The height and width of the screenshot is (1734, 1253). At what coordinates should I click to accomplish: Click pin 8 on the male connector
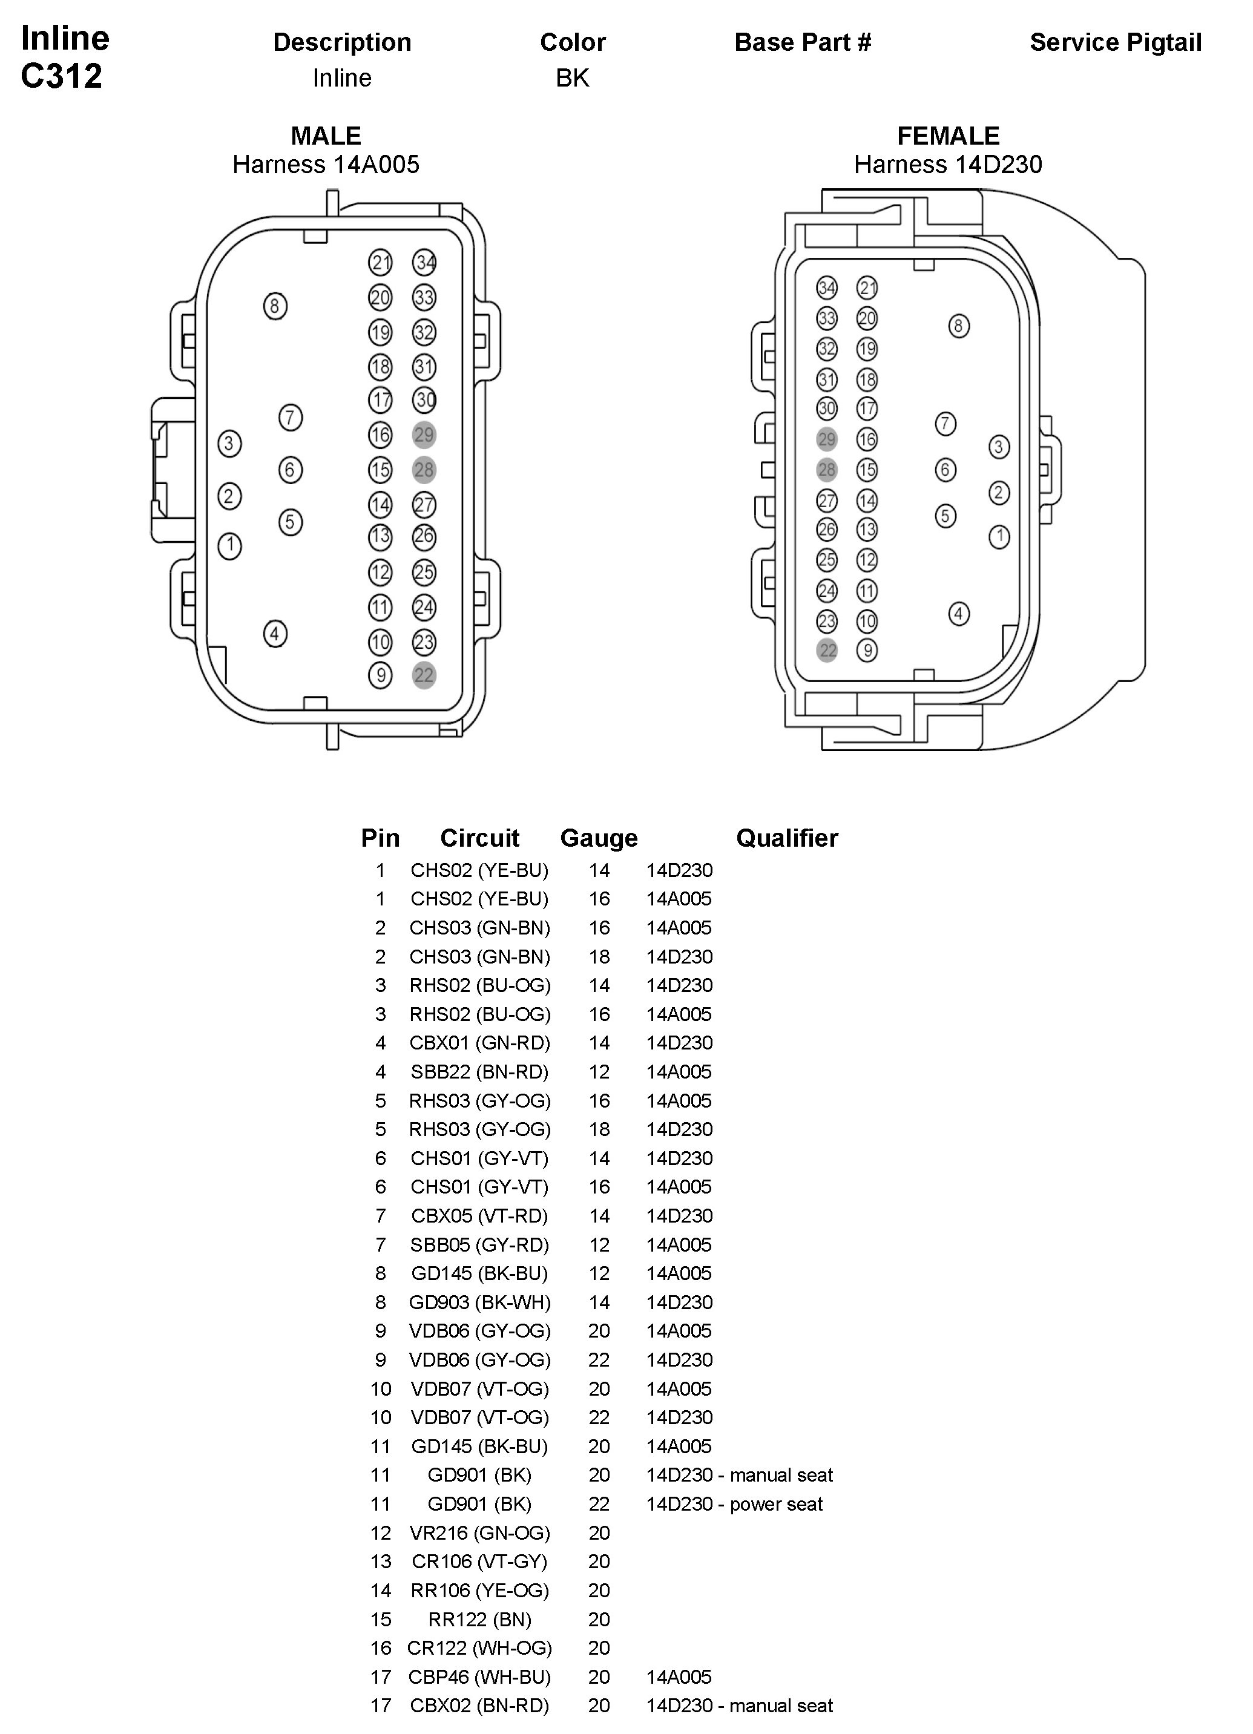[275, 307]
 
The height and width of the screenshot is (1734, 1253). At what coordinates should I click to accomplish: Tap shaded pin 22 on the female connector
[827, 651]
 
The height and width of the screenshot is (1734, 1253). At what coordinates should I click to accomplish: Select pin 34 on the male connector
[424, 262]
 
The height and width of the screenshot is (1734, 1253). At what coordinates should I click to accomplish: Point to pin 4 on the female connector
[959, 613]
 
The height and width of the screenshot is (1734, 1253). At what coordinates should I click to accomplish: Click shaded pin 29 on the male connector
[424, 435]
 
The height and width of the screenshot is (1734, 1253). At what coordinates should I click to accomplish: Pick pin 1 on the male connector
[229, 545]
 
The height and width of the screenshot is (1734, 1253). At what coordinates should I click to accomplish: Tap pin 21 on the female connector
[867, 287]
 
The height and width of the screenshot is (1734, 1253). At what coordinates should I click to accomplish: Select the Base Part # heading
[802, 43]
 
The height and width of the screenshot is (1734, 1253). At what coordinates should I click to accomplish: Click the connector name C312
[61, 76]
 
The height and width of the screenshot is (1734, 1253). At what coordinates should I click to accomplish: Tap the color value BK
[572, 78]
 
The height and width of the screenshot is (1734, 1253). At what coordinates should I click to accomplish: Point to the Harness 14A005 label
[326, 165]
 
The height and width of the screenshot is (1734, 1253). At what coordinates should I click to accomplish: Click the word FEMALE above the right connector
[947, 136]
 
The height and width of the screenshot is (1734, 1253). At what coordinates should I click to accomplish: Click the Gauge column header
[599, 838]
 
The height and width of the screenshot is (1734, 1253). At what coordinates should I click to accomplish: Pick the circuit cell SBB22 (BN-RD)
[479, 1072]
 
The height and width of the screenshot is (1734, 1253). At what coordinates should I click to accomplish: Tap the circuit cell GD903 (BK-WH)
[479, 1302]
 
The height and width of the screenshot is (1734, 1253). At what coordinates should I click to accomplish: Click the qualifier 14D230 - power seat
[734, 1504]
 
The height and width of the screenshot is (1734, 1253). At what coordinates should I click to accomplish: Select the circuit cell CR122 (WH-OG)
[479, 1647]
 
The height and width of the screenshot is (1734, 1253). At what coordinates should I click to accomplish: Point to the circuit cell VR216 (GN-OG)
[479, 1533]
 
